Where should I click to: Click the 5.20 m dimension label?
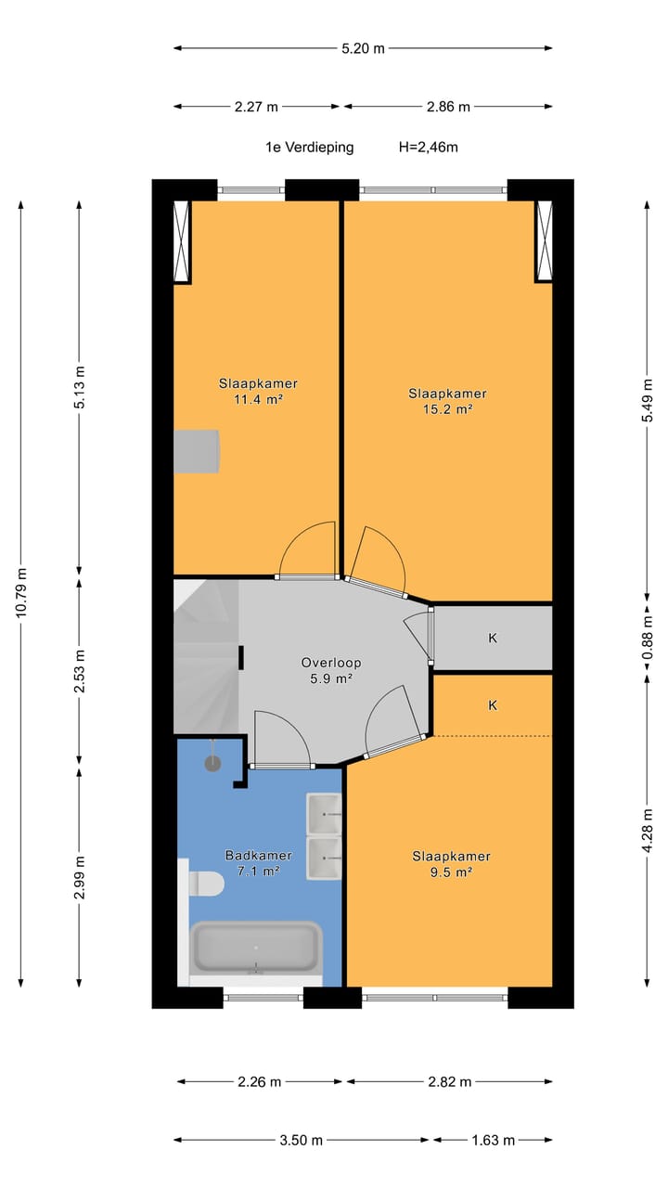[x=363, y=49]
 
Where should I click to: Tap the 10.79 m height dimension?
[x=21, y=592]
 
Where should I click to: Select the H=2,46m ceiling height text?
[x=429, y=147]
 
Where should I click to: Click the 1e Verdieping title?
[x=310, y=147]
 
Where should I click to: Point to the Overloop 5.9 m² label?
[x=331, y=670]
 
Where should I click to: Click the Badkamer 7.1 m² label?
[x=258, y=862]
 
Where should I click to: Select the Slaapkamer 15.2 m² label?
[x=447, y=401]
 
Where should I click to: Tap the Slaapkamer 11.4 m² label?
[x=258, y=391]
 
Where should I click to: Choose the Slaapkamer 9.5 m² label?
[x=451, y=863]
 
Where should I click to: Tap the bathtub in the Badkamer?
[x=257, y=948]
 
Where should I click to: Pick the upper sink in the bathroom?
[x=324, y=814]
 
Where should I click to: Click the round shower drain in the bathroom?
[x=212, y=764]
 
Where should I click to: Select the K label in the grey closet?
[x=493, y=638]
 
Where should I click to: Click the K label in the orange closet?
[x=493, y=705]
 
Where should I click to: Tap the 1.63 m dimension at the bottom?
[x=493, y=1141]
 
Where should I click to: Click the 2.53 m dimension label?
[x=80, y=670]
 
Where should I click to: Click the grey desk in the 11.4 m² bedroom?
[x=196, y=451]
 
